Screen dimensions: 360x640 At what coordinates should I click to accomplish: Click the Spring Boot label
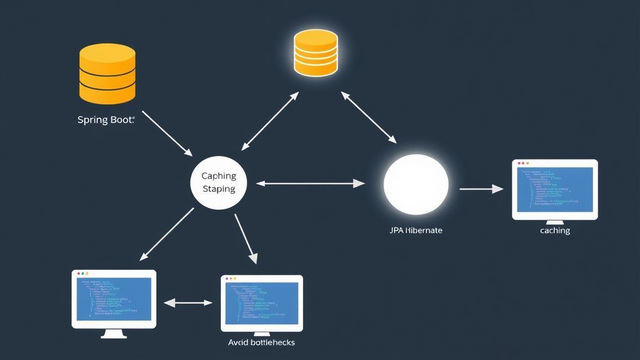tap(106, 120)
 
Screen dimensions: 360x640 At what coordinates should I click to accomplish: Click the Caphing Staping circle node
tap(218, 182)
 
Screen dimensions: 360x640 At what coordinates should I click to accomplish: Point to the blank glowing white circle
tap(416, 182)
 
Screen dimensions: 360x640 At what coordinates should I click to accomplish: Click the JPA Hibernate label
tap(416, 231)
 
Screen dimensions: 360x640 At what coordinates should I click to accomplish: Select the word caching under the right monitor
tap(555, 231)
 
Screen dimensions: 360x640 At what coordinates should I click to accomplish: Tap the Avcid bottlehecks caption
tap(262, 342)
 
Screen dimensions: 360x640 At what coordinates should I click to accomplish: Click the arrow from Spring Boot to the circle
tap(167, 134)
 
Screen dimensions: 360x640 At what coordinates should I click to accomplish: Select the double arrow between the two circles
tap(310, 183)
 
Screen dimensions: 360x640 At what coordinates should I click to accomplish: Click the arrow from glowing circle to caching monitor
tap(481, 188)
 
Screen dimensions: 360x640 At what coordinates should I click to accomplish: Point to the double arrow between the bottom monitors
tap(188, 302)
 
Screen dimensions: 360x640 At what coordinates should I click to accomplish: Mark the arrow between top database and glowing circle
tap(369, 117)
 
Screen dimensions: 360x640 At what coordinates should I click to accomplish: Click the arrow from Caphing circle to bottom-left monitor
tap(167, 234)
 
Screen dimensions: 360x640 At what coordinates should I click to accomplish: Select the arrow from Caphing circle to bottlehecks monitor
tap(246, 238)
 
